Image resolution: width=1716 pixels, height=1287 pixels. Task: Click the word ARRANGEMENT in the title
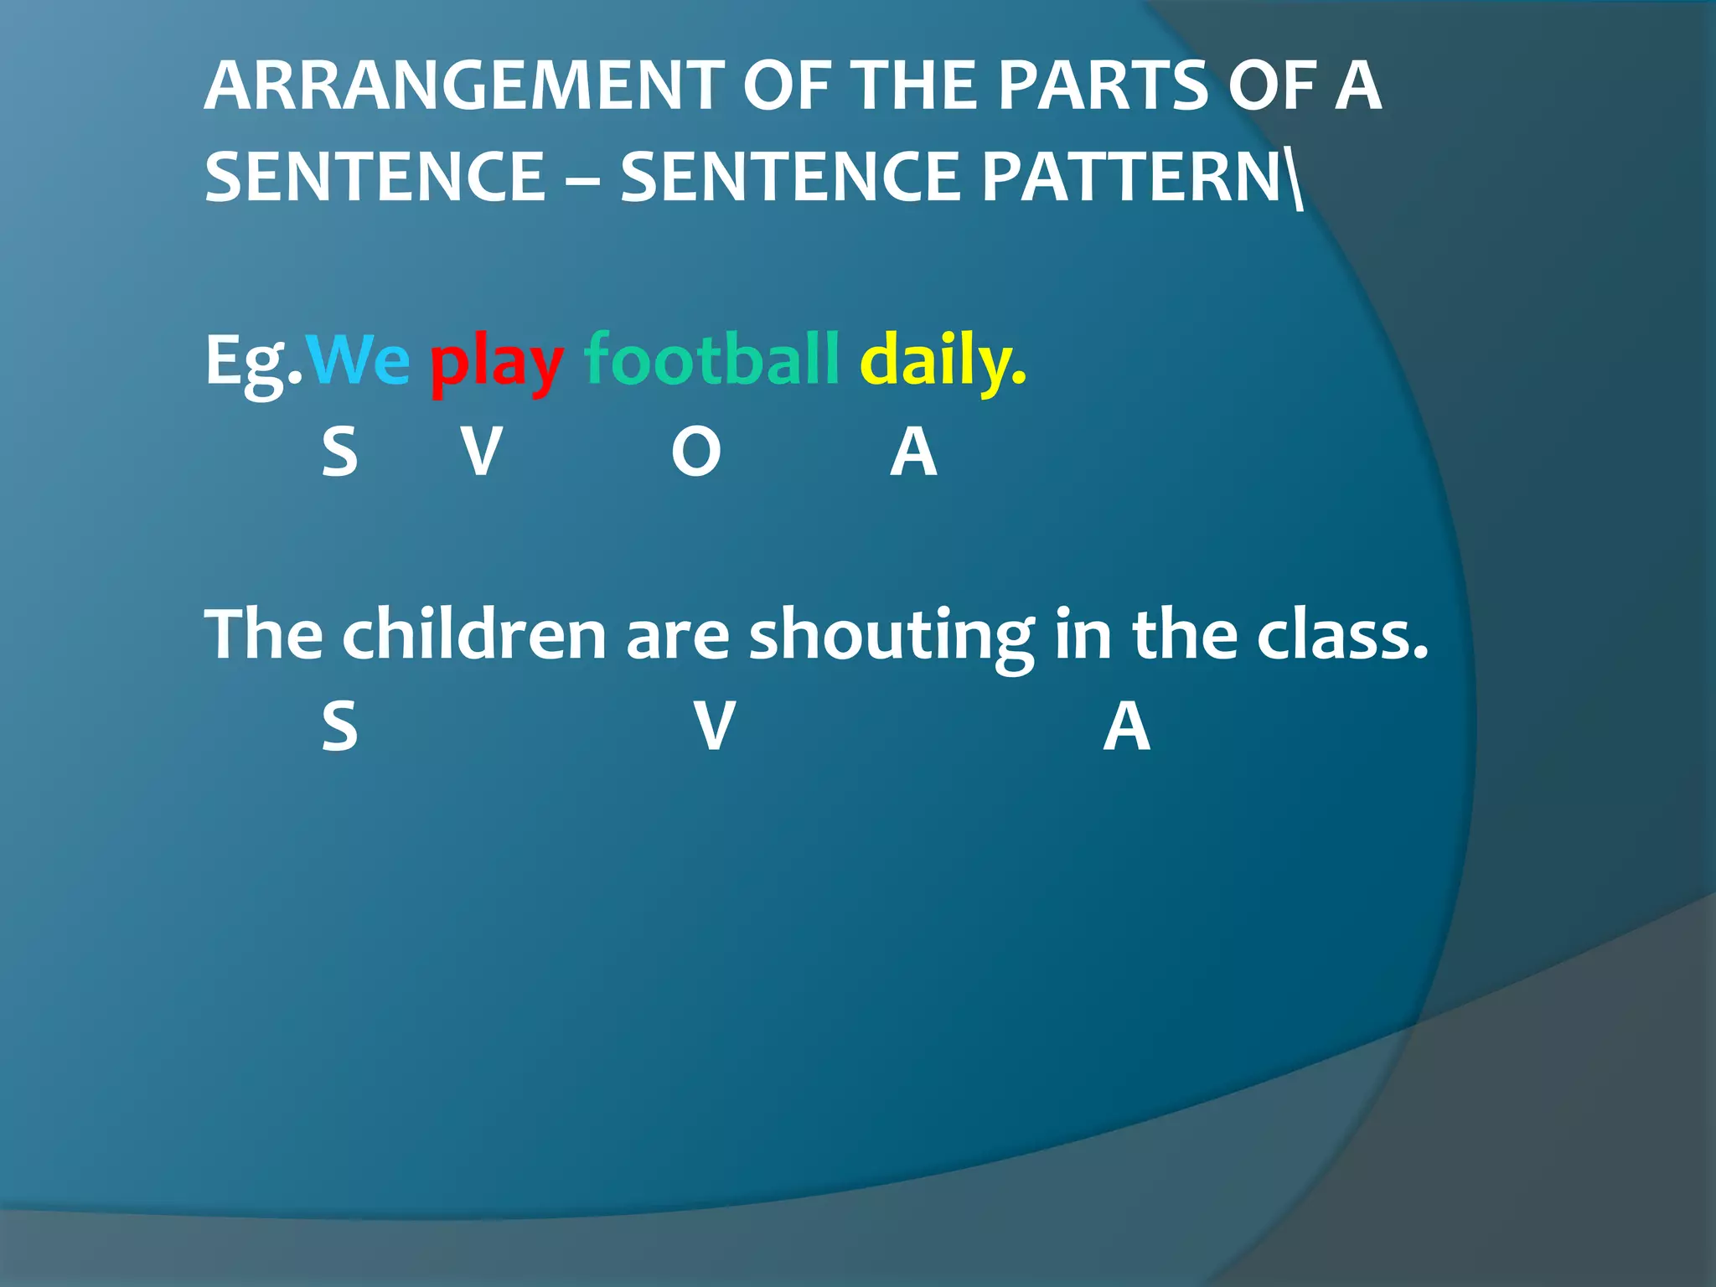(464, 85)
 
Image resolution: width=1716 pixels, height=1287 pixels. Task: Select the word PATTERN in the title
(1131, 177)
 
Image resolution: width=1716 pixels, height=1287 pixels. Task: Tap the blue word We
(358, 360)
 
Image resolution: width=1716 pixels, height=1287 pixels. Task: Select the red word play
(496, 365)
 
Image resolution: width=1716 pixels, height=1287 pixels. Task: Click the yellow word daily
(943, 362)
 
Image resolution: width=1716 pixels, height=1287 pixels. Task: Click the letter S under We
(339, 452)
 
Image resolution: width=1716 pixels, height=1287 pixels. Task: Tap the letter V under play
(482, 452)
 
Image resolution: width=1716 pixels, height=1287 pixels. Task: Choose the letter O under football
(695, 452)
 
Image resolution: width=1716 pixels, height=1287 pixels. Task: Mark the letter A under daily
(913, 452)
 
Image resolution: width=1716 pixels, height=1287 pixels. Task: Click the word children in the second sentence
(473, 634)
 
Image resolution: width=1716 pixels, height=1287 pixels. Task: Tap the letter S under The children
(339, 726)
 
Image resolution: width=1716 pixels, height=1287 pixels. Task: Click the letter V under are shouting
(715, 726)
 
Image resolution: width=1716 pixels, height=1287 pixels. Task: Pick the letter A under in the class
(1126, 726)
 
